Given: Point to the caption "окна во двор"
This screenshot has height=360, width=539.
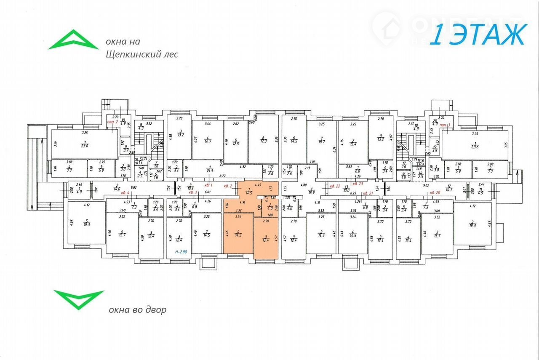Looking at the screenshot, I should point(137,310).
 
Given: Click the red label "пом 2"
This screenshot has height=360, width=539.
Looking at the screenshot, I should point(112,121).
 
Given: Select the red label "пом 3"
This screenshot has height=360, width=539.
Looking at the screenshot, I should point(445,126).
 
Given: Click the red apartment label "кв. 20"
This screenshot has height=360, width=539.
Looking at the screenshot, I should point(434,192).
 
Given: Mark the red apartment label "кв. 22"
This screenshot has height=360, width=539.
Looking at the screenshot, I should point(335,186).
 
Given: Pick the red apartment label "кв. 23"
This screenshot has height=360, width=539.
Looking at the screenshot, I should point(358,184).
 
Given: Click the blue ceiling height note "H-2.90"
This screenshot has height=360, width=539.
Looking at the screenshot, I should point(181,252).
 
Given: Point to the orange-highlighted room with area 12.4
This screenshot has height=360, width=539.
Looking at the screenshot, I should point(266,238).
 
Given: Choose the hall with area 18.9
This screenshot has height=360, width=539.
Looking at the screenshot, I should point(312,190).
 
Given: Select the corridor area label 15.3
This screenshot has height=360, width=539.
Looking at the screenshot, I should point(209,169).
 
